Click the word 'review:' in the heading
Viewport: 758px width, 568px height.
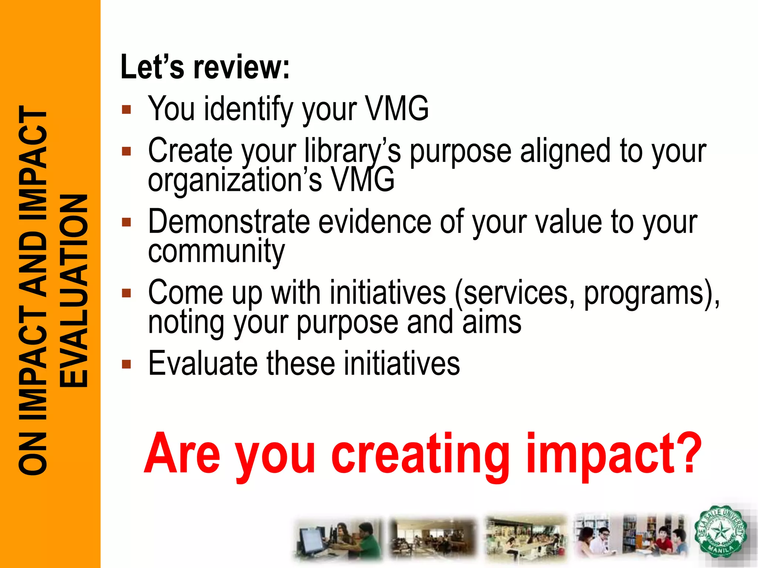[242, 67]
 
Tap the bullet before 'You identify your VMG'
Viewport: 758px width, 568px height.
[127, 109]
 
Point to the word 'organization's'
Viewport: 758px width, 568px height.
[235, 180]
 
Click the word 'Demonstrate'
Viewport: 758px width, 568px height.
[229, 222]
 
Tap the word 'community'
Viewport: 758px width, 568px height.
[217, 251]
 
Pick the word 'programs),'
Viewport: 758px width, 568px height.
[652, 293]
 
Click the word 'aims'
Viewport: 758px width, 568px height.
[492, 322]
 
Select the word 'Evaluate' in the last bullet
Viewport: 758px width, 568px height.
[203, 364]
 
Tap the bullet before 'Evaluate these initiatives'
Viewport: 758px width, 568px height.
[127, 364]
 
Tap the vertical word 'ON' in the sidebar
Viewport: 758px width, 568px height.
[33, 454]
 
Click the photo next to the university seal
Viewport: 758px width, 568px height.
[630, 537]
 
